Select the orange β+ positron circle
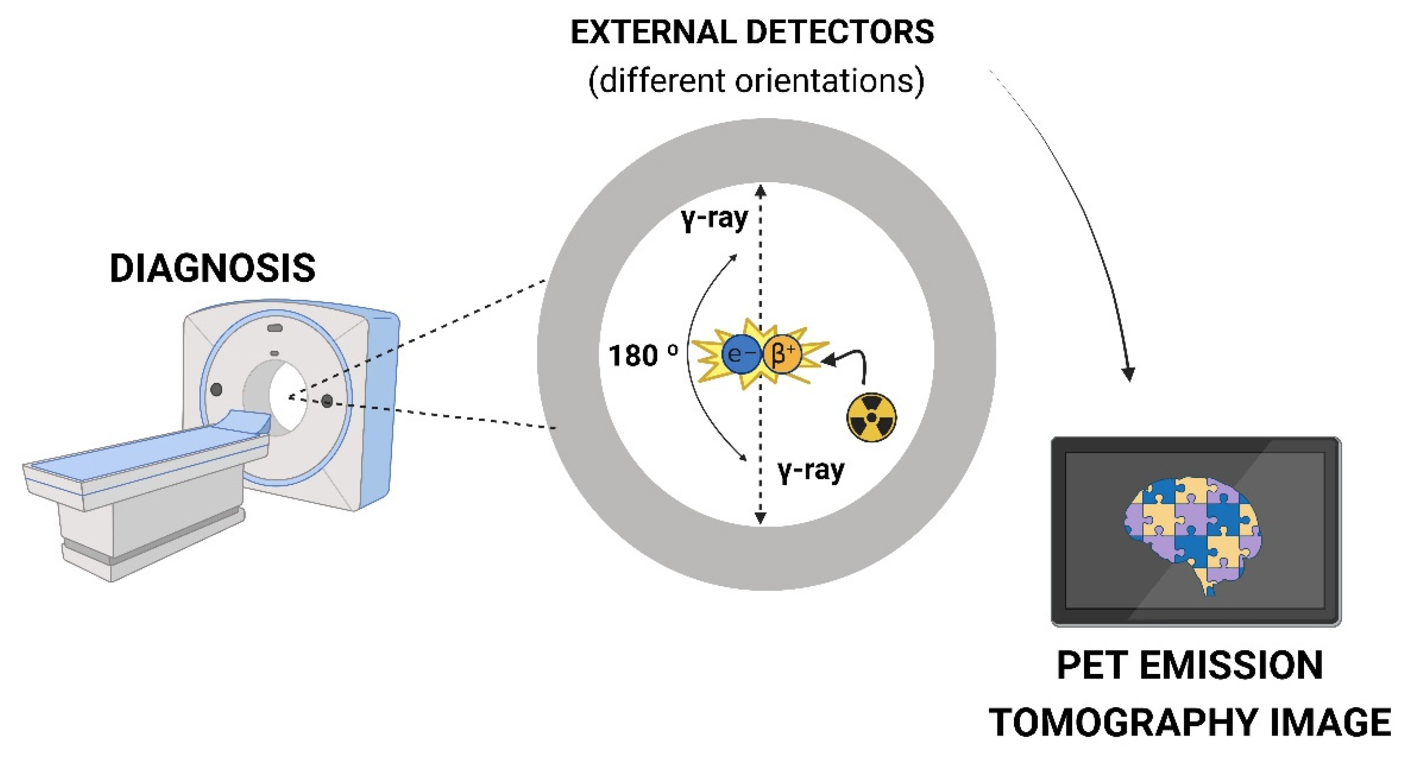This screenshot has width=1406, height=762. pyautogui.click(x=782, y=354)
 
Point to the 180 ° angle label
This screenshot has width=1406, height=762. pyautogui.click(x=644, y=356)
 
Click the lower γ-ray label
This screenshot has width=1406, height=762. pyautogui.click(x=811, y=471)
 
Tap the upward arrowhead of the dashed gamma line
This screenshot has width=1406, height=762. pyautogui.click(x=760, y=191)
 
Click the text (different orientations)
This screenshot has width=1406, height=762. pyautogui.click(x=756, y=81)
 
